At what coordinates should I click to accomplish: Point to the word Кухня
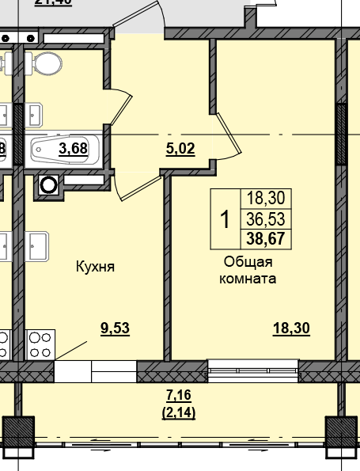(96, 267)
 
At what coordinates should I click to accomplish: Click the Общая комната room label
(248, 270)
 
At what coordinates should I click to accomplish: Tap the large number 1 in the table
(225, 218)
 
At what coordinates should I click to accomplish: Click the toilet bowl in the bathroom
(49, 63)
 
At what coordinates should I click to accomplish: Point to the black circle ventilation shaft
(49, 185)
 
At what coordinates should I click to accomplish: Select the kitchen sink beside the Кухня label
(37, 245)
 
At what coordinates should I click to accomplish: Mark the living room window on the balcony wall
(252, 370)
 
